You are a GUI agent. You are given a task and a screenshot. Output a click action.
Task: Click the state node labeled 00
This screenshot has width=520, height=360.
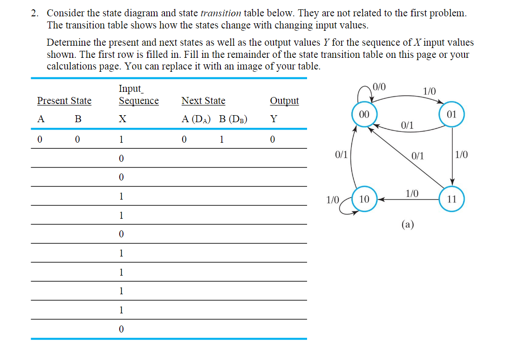364,115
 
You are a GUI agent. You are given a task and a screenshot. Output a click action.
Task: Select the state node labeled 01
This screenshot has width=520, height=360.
451,115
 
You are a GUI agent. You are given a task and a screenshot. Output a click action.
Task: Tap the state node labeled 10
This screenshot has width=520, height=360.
364,200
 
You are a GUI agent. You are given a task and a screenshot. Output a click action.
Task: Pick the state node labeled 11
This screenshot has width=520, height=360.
451,200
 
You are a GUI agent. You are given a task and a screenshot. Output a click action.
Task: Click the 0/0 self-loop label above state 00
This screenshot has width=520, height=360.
379,86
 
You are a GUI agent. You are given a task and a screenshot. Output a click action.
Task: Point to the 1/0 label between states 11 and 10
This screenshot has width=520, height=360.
412,193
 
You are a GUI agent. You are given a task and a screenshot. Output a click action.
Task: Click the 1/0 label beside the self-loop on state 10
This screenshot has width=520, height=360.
332,200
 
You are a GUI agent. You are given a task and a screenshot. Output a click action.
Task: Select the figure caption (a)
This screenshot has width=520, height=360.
407,224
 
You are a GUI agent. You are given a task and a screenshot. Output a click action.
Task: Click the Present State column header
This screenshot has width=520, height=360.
64,101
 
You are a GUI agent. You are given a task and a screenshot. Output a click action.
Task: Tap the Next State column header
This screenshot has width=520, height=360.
203,101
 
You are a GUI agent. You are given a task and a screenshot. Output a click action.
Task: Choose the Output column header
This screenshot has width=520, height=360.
284,101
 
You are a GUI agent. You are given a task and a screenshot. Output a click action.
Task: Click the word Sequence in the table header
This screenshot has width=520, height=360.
138,101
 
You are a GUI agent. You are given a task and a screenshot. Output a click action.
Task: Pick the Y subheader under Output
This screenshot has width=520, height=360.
274,119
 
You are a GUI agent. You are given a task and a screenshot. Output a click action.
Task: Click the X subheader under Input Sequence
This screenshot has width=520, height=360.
122,119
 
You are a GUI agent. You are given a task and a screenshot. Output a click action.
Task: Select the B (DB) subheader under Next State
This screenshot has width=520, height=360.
233,119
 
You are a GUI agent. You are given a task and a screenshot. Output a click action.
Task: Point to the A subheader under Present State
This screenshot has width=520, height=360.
41,119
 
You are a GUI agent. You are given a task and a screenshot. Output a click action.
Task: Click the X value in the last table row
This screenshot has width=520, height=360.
121,329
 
